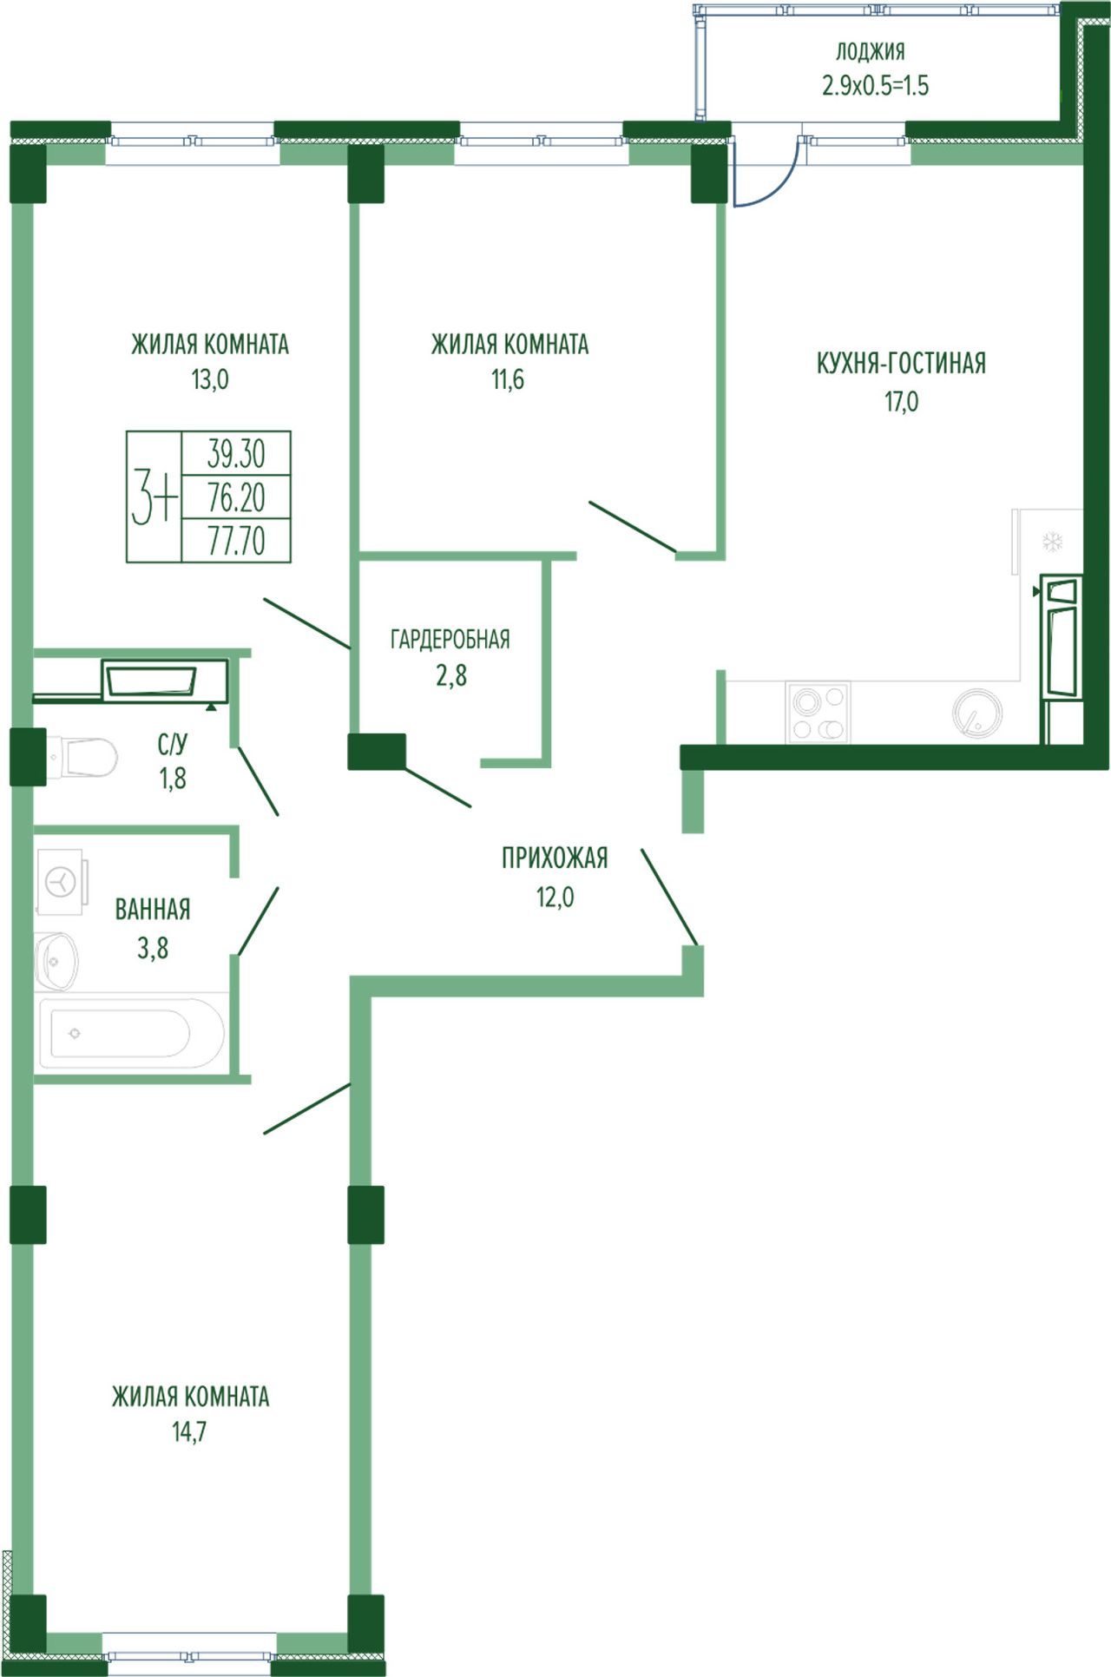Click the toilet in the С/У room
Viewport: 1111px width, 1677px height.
(x=82, y=758)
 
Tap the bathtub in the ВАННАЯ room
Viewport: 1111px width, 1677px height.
(x=132, y=1033)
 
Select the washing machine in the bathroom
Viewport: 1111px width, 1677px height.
(x=61, y=882)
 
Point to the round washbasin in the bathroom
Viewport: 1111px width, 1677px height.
(x=56, y=961)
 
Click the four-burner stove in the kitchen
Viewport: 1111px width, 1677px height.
(x=818, y=713)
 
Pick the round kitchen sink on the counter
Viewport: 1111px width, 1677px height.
(x=977, y=713)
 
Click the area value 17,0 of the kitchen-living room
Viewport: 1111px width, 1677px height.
(x=902, y=402)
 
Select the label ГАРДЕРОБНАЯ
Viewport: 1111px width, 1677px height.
(x=450, y=640)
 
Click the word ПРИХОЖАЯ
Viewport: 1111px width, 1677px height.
(x=555, y=858)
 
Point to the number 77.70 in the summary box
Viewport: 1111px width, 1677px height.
(x=236, y=540)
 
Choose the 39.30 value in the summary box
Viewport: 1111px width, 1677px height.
(x=236, y=453)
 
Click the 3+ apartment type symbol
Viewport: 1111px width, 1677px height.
(x=154, y=497)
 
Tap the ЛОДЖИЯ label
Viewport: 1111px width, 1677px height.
(x=871, y=51)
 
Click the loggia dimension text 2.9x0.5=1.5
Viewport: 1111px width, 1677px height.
(x=875, y=86)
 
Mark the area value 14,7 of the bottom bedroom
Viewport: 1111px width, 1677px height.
(x=189, y=1431)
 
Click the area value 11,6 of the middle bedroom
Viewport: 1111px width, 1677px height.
(x=508, y=379)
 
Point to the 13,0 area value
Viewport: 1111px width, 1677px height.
(x=210, y=379)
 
